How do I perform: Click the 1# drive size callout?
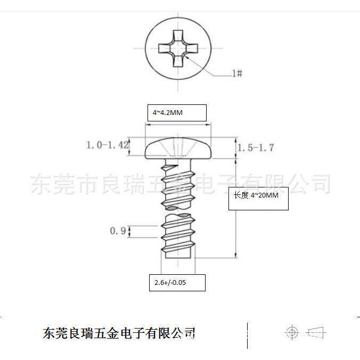pos(237,73)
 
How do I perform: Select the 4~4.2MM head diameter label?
pos(168,113)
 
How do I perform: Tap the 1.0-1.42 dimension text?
pos(108,145)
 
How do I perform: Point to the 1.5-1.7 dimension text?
pos(256,148)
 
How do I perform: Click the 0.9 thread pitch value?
pos(118,231)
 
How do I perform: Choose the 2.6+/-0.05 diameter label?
pos(170,282)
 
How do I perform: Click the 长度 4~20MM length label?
pos(256,195)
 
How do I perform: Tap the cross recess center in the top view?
pos(178,48)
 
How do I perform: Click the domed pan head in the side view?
pos(178,148)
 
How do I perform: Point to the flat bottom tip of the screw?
pos(178,258)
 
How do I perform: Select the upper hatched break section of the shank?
pos(171,208)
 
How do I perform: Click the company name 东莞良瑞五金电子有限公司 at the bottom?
pos(119,333)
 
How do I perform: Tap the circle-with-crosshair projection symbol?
pos(292,332)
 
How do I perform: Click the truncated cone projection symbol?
pos(316,332)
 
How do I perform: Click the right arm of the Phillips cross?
pos(191,48)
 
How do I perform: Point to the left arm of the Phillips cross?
pos(165,48)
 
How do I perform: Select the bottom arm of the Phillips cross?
pos(178,61)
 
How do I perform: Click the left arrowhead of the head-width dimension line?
pos(148,125)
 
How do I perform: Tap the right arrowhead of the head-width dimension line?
pos(208,125)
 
